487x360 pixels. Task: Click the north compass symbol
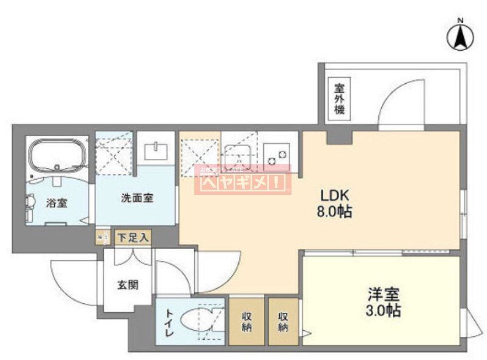(x=460, y=36)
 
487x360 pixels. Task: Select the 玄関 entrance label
(x=127, y=284)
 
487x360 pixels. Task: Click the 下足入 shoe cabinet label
(x=133, y=237)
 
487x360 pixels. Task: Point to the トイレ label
(x=169, y=323)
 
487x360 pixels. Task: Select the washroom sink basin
(x=158, y=150)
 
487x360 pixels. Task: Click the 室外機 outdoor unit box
(x=339, y=100)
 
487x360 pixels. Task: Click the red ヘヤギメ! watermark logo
(x=243, y=180)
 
